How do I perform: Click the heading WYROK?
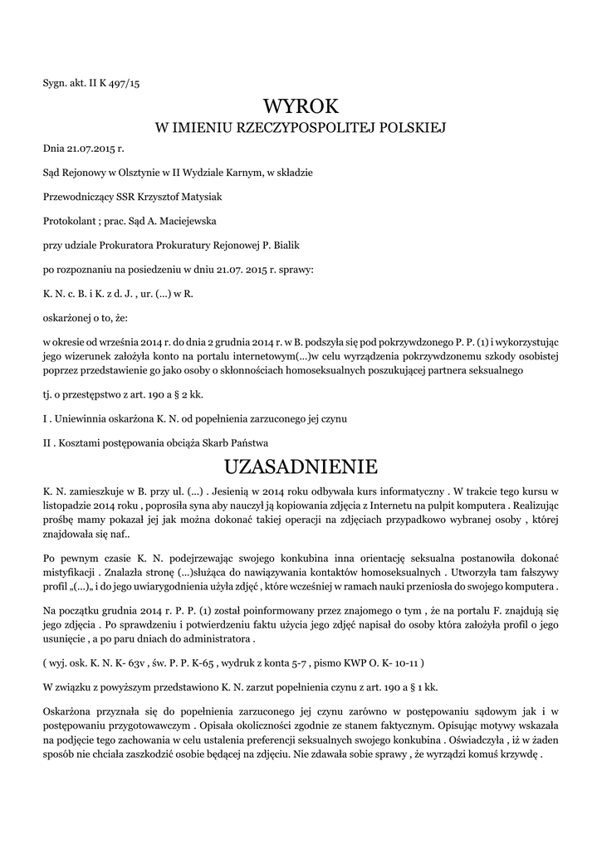pos(301,105)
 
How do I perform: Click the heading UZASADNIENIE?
pos(301,464)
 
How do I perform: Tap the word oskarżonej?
pos(70,317)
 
